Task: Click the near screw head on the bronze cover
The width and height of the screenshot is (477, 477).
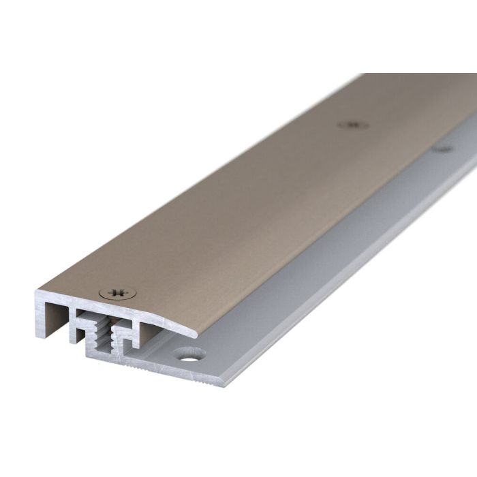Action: tap(117, 293)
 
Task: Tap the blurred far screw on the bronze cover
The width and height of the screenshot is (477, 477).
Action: tap(352, 125)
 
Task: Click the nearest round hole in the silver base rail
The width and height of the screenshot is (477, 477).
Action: tap(189, 354)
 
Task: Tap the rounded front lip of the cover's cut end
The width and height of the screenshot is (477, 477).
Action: tap(191, 331)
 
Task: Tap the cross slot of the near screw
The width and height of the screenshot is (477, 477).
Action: tap(117, 293)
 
